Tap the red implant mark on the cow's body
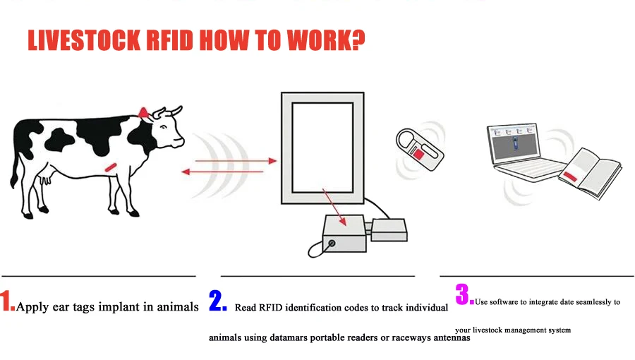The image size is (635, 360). pyautogui.click(x=110, y=166)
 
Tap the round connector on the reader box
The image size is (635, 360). pyautogui.click(x=332, y=244)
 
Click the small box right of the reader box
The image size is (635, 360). pyautogui.click(x=389, y=230)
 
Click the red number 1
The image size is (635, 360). pyautogui.click(x=7, y=301)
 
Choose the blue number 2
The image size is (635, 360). pyautogui.click(x=217, y=301)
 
